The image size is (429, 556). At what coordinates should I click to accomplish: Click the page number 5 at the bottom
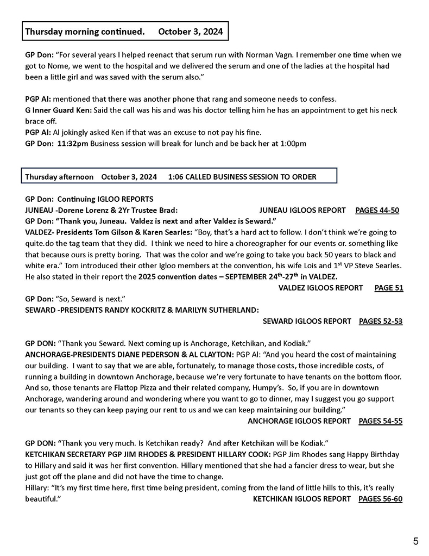point(415,541)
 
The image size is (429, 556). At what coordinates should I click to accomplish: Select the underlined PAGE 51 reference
point(389,288)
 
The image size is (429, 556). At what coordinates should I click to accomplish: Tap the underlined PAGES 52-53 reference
point(381,321)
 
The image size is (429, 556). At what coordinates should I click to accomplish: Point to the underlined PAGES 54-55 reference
point(381,421)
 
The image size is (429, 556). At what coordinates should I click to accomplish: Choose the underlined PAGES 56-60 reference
point(381,498)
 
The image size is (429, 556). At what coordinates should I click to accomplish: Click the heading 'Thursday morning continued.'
point(85,32)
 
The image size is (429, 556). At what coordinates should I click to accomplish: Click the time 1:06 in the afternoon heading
point(176,177)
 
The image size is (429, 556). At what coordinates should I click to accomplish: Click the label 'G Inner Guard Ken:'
point(59,110)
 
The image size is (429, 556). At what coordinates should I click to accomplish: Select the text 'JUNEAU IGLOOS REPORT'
point(302,210)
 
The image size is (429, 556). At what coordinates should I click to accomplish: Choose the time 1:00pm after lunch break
point(293,144)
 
